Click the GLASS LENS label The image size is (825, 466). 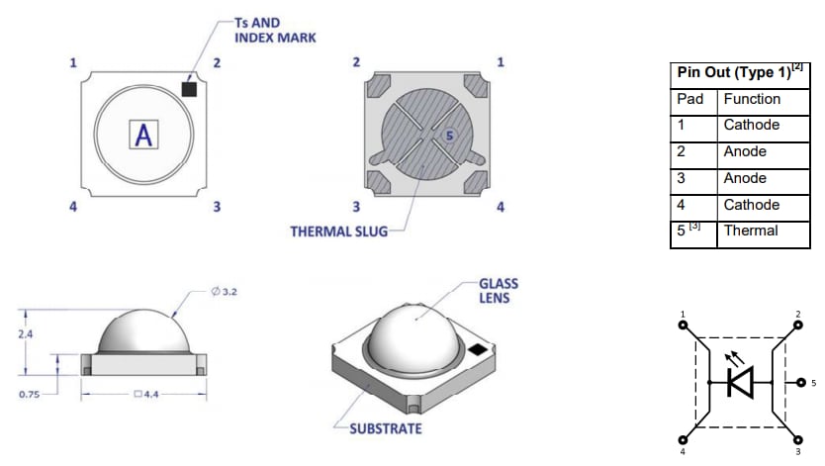tap(498, 291)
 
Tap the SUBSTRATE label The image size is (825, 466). tap(385, 428)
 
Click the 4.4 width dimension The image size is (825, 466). tap(144, 394)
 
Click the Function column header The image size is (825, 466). tap(752, 99)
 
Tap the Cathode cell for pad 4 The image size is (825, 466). tap(751, 205)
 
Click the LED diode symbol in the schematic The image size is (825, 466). tap(740, 381)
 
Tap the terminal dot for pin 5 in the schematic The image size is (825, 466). tap(798, 381)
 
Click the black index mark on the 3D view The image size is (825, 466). tap(479, 348)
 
